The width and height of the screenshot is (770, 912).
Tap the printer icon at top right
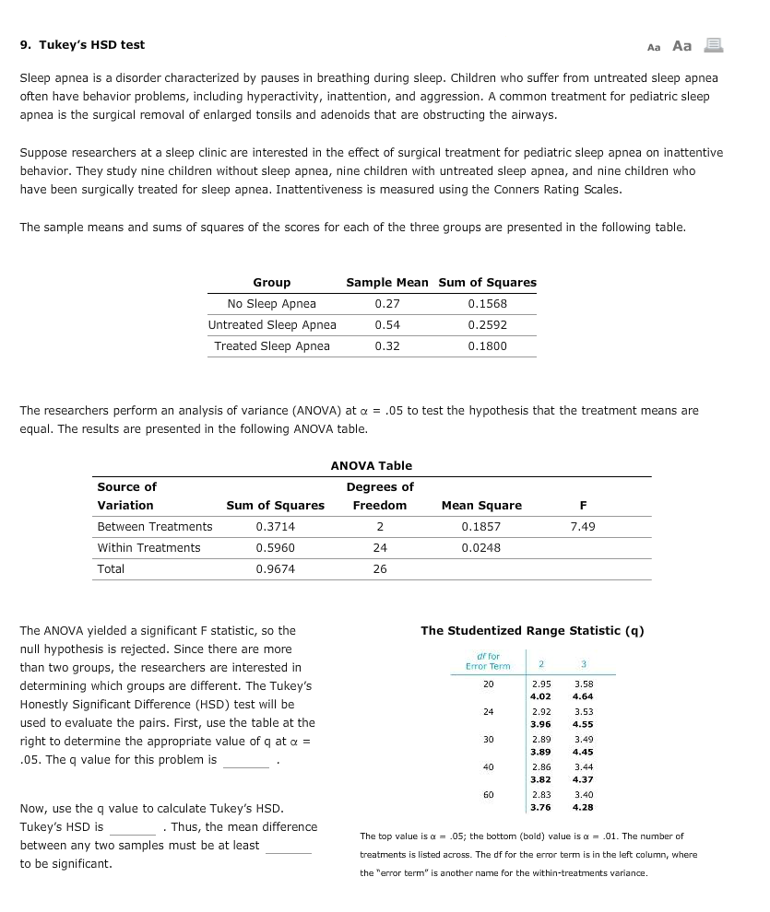pyautogui.click(x=713, y=45)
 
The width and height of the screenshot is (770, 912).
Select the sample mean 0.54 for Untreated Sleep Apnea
pyautogui.click(x=387, y=325)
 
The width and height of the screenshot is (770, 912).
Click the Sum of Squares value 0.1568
pyautogui.click(x=487, y=304)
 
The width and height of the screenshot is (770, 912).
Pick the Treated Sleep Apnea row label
pyautogui.click(x=272, y=346)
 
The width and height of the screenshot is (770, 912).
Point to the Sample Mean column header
pyautogui.click(x=387, y=283)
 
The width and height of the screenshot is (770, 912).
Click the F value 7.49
pyautogui.click(x=583, y=527)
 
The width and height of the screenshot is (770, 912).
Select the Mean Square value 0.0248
pyautogui.click(x=481, y=548)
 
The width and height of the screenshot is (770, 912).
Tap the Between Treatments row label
pyautogui.click(x=155, y=527)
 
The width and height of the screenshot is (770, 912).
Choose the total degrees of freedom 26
pyautogui.click(x=380, y=569)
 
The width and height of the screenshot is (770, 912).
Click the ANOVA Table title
pyautogui.click(x=372, y=466)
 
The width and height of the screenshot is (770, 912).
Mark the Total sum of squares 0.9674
pyautogui.click(x=275, y=569)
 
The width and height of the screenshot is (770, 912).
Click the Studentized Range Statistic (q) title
pyautogui.click(x=532, y=631)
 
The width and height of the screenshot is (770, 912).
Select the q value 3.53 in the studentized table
pyautogui.click(x=584, y=712)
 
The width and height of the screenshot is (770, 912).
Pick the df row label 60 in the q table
pyautogui.click(x=488, y=793)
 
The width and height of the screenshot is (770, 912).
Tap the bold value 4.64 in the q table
pyautogui.click(x=584, y=696)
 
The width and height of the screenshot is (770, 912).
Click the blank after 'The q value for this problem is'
pyautogui.click(x=246, y=761)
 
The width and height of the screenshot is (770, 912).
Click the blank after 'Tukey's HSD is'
pyautogui.click(x=132, y=827)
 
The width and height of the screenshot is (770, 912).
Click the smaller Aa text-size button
pyautogui.click(x=654, y=46)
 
